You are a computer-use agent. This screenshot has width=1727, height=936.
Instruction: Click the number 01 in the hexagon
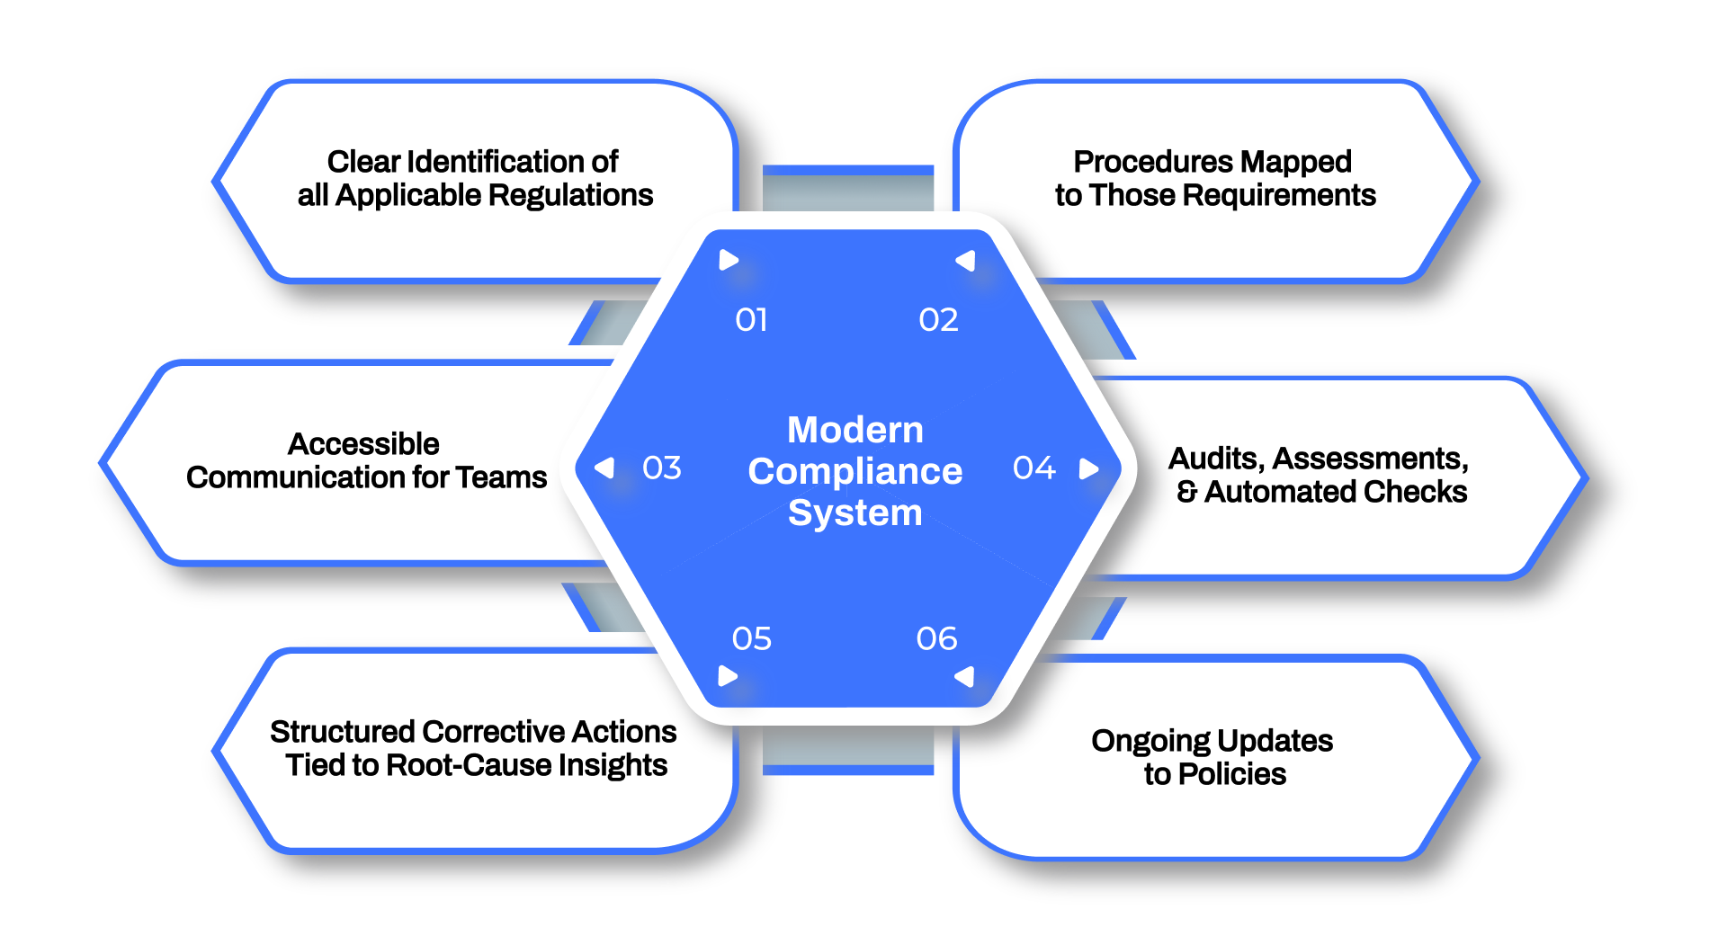coord(751,320)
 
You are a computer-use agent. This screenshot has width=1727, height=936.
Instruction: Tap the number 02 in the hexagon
coord(938,320)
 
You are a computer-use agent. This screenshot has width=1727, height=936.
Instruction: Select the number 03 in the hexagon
coord(661,468)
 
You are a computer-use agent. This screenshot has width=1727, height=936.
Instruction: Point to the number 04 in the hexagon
coord(1034,468)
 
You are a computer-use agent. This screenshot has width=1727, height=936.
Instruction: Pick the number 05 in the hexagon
coord(751,639)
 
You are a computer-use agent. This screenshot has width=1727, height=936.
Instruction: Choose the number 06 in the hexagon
coord(936,639)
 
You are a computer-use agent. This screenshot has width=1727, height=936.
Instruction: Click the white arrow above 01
coord(729,261)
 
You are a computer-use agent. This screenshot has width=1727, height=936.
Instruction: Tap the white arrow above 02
coord(965,261)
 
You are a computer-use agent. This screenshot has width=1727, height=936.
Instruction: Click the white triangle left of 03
coord(604,468)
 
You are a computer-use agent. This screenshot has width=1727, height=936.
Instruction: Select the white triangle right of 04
coord(1089,468)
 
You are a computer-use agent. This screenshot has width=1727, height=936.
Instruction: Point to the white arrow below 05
coord(728,676)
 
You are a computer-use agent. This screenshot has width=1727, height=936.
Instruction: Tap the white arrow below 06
coord(964,676)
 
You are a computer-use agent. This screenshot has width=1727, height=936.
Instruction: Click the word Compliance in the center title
coord(855,471)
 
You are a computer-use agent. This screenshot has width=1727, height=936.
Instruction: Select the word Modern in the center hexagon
coord(855,430)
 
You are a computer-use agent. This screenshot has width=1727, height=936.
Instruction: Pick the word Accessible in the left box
coord(363,444)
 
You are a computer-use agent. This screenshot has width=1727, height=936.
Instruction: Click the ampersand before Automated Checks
coord(1186,492)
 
